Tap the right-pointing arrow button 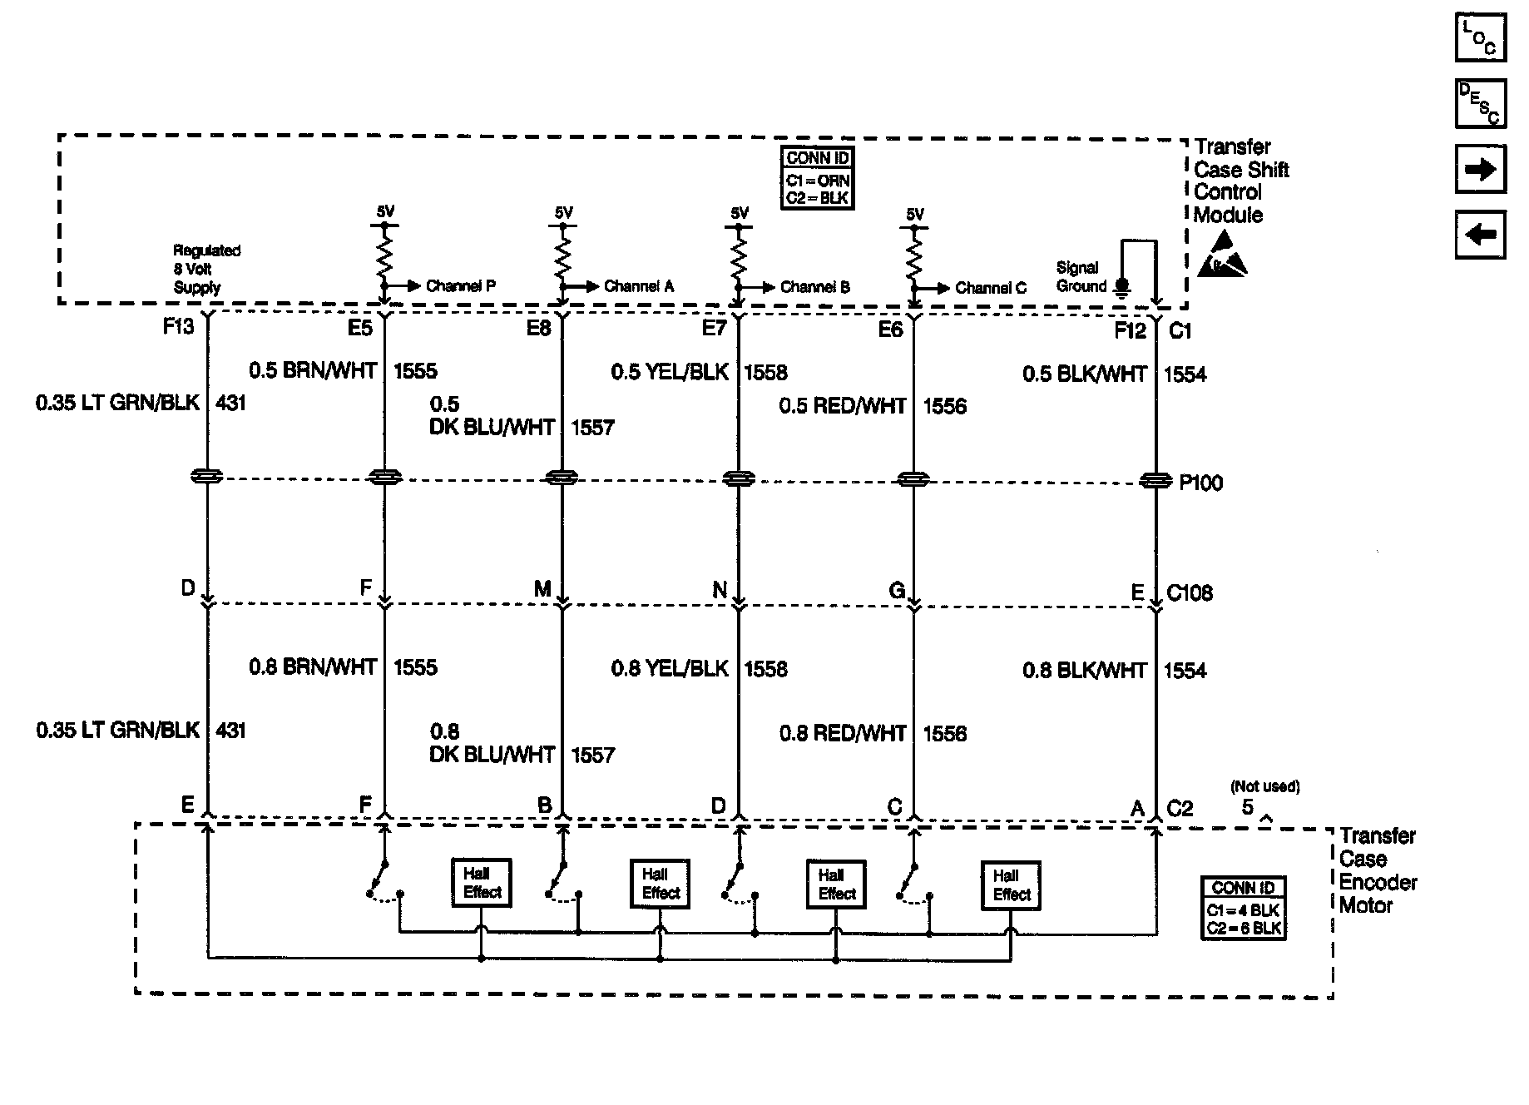click(1480, 170)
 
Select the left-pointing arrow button click(1480, 235)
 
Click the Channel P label click(460, 286)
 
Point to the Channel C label click(990, 288)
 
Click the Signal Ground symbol click(1121, 287)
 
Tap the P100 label click(1200, 483)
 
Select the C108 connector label click(1190, 593)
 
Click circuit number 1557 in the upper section click(592, 428)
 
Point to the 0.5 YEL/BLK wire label click(670, 372)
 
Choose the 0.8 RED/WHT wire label click(843, 733)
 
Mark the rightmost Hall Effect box click(1012, 885)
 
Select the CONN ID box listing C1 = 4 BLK click(1244, 909)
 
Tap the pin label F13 click(178, 327)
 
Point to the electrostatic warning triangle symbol click(1223, 255)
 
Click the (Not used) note click(1264, 786)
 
